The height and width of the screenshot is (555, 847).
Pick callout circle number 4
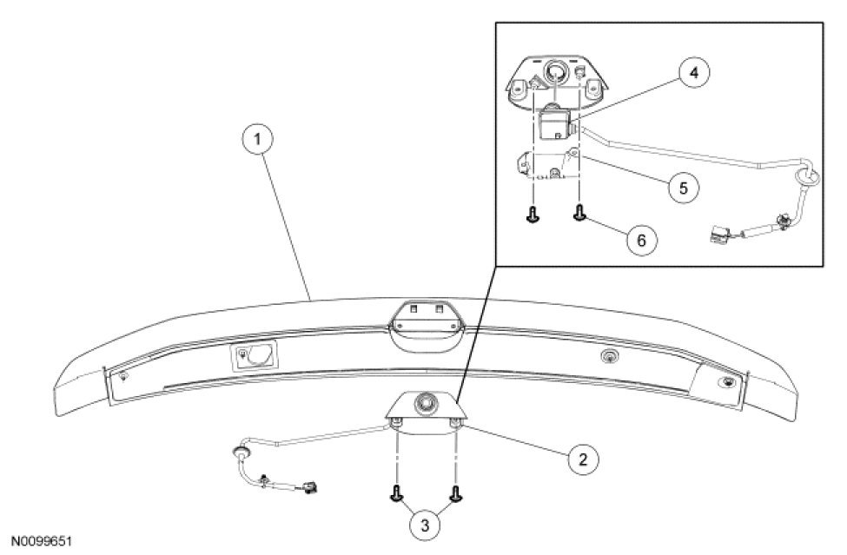click(x=692, y=73)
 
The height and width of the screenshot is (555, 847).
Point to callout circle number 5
click(x=685, y=186)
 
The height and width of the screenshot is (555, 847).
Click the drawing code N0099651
click(x=41, y=540)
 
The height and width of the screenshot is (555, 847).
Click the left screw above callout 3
click(x=397, y=494)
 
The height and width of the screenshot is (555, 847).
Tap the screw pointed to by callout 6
click(x=579, y=212)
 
